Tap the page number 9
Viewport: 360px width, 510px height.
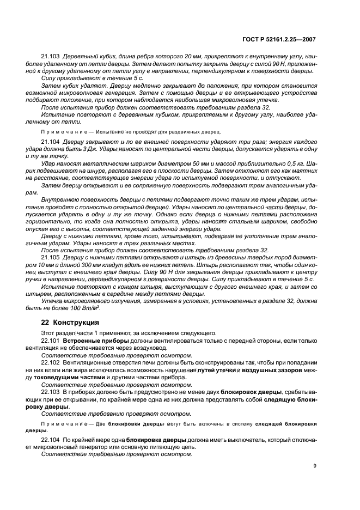[315, 466]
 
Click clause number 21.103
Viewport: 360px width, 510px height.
[51, 57]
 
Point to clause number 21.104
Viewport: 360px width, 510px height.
[51, 142]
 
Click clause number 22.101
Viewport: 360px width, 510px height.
[51, 340]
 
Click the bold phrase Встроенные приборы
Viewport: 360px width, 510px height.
[90, 340]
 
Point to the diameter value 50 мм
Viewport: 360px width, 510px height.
[179, 163]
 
